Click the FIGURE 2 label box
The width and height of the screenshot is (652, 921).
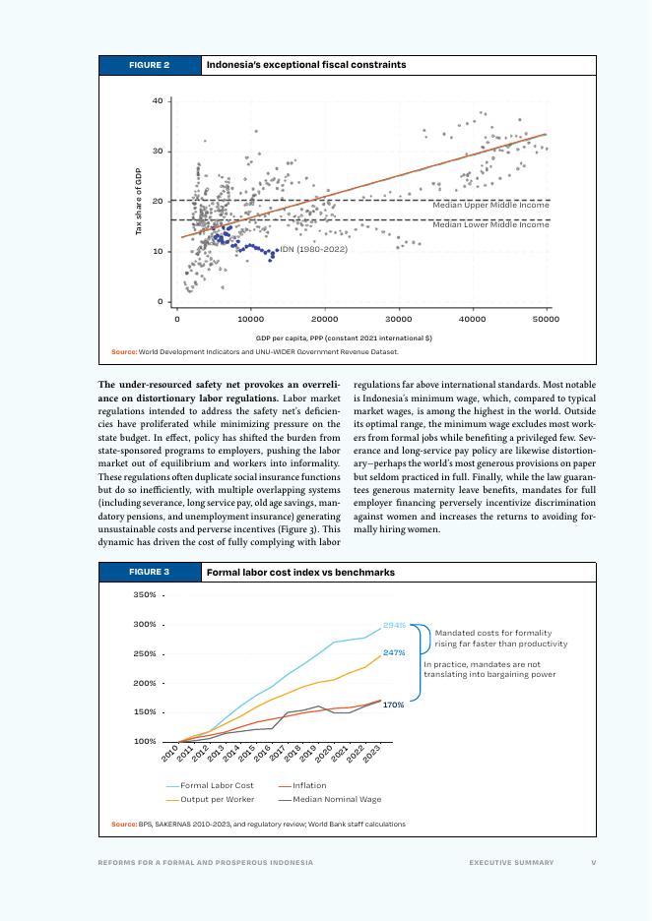(x=149, y=65)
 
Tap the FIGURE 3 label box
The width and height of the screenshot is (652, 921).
(x=149, y=572)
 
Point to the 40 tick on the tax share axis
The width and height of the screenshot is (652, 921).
(x=158, y=100)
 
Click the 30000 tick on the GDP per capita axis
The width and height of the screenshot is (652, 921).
(x=398, y=319)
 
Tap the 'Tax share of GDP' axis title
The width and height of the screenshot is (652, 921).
(x=139, y=201)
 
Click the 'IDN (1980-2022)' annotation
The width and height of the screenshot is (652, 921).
(x=313, y=249)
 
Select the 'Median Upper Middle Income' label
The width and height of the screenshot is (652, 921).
(x=490, y=206)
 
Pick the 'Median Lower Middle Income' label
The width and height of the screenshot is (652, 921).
(x=490, y=225)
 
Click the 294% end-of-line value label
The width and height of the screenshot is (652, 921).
(x=394, y=625)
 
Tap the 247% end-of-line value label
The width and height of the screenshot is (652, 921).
(x=394, y=652)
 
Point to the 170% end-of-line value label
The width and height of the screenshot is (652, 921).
(x=394, y=705)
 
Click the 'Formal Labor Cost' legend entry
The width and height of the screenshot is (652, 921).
(x=216, y=785)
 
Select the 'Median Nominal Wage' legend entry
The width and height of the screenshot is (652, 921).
(x=336, y=799)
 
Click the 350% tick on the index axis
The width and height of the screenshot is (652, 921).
(x=146, y=595)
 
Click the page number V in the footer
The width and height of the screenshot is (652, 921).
(x=593, y=863)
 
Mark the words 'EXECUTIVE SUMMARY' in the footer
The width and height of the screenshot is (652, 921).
(x=511, y=863)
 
